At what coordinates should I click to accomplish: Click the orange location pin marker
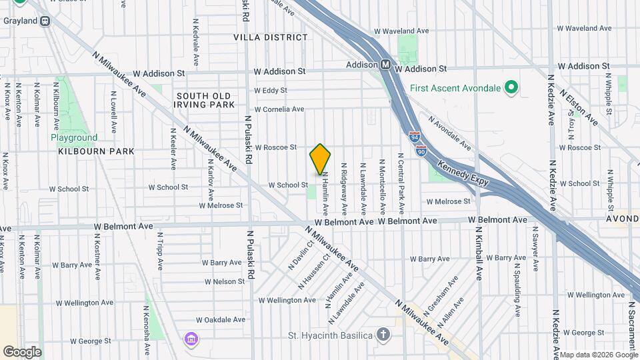pos(320,159)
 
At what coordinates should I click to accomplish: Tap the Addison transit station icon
pos(385,65)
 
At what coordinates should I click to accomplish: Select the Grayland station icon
pos(45,21)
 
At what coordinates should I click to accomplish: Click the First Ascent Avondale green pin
pos(511,87)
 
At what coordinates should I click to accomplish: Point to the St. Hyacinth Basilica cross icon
pos(383,334)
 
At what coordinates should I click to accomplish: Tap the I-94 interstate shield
pos(414,137)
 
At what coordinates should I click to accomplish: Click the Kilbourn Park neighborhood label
pos(96,151)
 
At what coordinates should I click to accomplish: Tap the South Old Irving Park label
pos(205,100)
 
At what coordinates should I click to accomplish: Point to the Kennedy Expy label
pos(463,172)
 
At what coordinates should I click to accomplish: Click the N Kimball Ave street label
pos(478,253)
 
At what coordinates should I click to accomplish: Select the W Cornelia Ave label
pos(279,109)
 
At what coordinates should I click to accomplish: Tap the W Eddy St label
pos(271,90)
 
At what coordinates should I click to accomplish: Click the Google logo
pos(22,351)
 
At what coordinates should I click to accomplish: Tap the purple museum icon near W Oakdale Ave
pos(191,339)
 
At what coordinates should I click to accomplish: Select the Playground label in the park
pos(73,138)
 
